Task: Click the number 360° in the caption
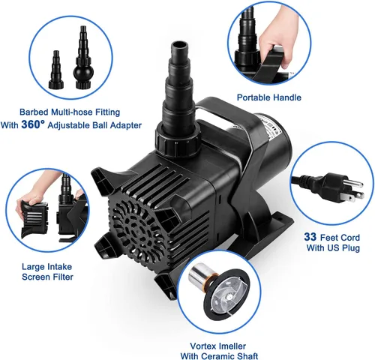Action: [33, 124]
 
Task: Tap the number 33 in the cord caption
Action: [310, 237]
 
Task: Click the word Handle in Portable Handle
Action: [287, 97]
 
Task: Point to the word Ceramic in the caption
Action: [219, 355]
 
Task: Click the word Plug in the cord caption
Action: [349, 247]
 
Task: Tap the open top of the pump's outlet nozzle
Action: [179, 46]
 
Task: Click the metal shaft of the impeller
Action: [199, 276]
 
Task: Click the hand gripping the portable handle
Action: [278, 34]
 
